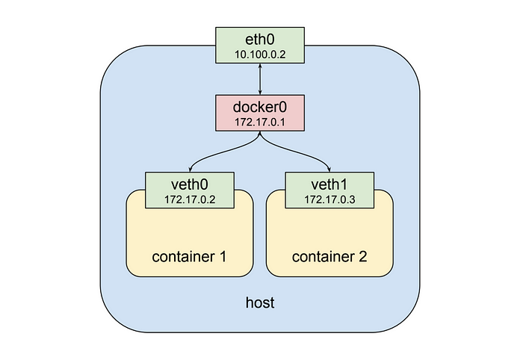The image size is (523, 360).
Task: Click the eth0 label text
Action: point(260,40)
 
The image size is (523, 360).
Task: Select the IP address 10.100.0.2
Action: point(260,55)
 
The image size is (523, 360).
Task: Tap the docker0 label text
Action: point(260,107)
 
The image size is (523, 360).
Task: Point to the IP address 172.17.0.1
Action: point(260,122)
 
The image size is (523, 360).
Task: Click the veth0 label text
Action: point(190,184)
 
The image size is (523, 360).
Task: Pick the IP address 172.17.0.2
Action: point(190,199)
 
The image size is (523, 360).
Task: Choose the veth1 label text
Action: point(329,184)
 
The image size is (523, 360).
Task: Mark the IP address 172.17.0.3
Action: point(329,199)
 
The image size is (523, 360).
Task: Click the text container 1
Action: point(189,257)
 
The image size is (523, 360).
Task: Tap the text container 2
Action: point(329,257)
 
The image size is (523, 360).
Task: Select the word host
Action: point(260,302)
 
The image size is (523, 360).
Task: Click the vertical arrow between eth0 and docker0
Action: point(260,79)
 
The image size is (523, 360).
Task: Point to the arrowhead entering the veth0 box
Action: point(190,170)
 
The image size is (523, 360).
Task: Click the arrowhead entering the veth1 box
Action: point(329,170)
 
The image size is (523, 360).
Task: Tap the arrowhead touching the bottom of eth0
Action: point(260,66)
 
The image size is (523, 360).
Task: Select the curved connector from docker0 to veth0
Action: point(220,153)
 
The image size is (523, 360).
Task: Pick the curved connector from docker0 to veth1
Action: point(300,153)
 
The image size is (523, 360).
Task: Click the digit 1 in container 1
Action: point(223,257)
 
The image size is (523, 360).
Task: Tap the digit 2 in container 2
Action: point(363,257)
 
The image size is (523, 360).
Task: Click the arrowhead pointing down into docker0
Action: point(260,93)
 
